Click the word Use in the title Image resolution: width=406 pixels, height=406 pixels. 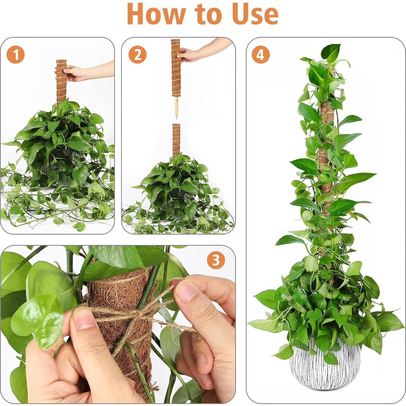(x=255, y=14)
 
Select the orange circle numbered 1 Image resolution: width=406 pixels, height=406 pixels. (x=16, y=55)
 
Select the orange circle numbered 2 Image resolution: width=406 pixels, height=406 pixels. (x=138, y=55)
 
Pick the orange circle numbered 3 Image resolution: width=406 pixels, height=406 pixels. (x=216, y=260)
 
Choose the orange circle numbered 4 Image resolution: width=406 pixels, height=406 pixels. (x=260, y=55)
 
